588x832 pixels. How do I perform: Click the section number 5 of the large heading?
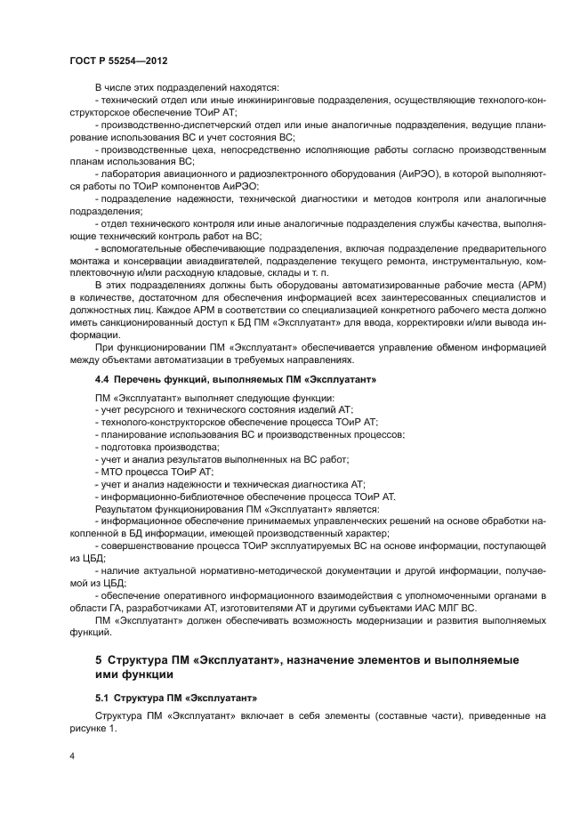[x=100, y=658]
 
